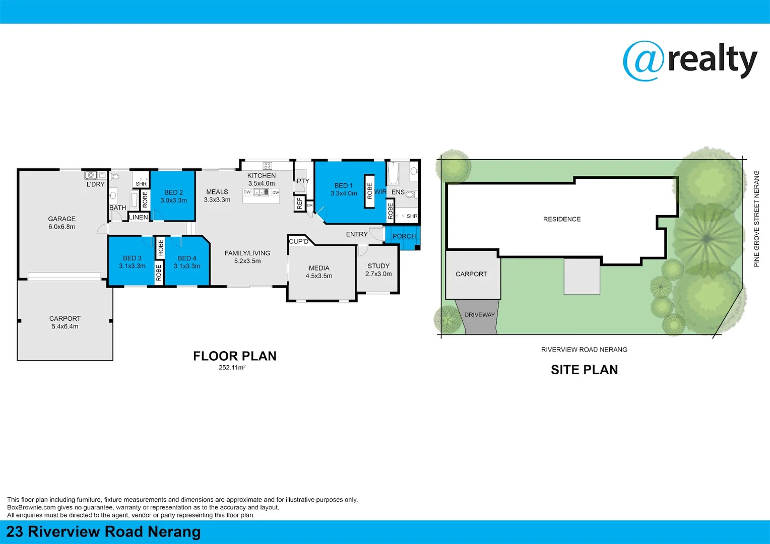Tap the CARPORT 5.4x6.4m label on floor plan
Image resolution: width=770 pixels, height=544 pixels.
[65, 322]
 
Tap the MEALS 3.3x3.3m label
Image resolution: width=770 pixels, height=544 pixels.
[217, 196]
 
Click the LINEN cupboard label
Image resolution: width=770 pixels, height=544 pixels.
[139, 217]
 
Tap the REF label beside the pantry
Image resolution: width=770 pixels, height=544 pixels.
[300, 203]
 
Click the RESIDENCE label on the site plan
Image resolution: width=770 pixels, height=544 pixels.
[562, 219]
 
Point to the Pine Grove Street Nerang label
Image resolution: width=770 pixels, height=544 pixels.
[756, 219]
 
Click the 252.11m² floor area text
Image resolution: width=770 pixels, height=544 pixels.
[232, 368]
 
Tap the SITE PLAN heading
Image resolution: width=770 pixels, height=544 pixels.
[584, 370]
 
